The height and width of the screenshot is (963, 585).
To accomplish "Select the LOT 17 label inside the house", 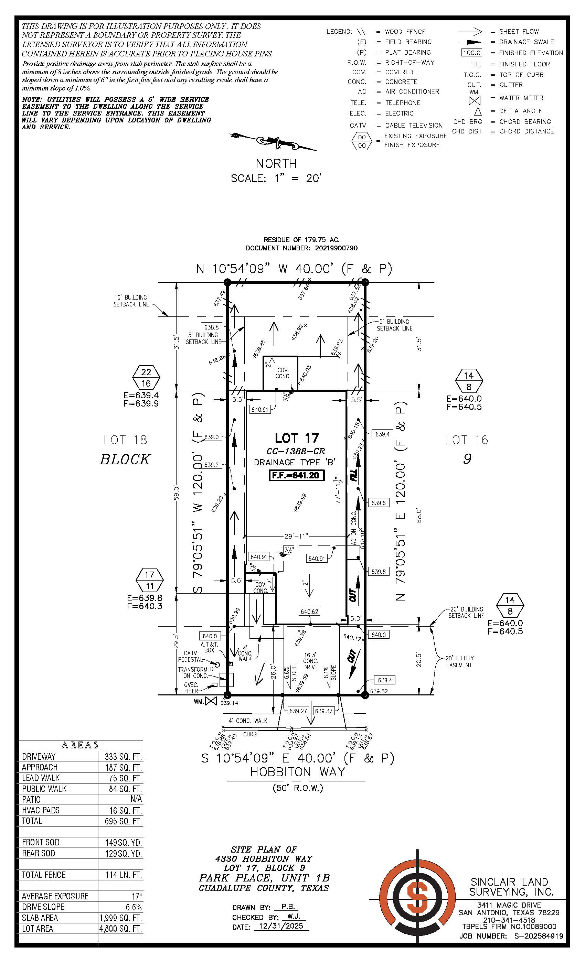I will [x=297, y=438].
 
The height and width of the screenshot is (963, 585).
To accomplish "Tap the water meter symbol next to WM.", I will [x=211, y=701].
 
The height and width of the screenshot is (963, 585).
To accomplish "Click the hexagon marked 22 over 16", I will [x=146, y=378].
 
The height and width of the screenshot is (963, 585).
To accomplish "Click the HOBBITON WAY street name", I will [x=298, y=772].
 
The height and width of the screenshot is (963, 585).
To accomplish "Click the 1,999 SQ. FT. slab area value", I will [x=120, y=918].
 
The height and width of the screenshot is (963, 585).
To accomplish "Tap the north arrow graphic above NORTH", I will [x=273, y=141].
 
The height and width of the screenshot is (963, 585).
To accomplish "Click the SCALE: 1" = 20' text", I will [x=276, y=178].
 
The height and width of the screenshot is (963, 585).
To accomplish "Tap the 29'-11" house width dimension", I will [x=296, y=536].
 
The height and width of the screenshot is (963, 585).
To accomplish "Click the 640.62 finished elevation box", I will [x=309, y=612].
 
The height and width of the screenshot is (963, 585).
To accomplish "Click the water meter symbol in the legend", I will [x=474, y=100].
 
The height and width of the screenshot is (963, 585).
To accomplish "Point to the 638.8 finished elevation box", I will [x=212, y=327].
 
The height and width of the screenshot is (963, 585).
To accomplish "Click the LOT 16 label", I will [x=467, y=440].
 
